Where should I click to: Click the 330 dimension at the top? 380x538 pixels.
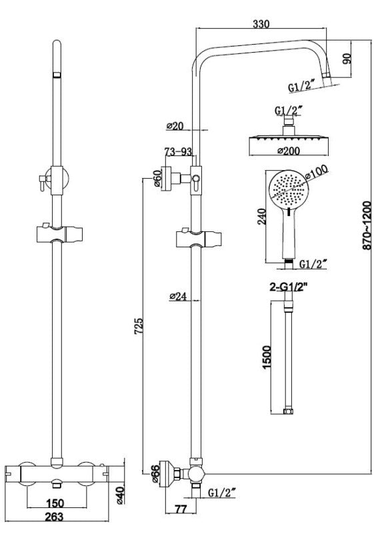[x=261, y=23]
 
